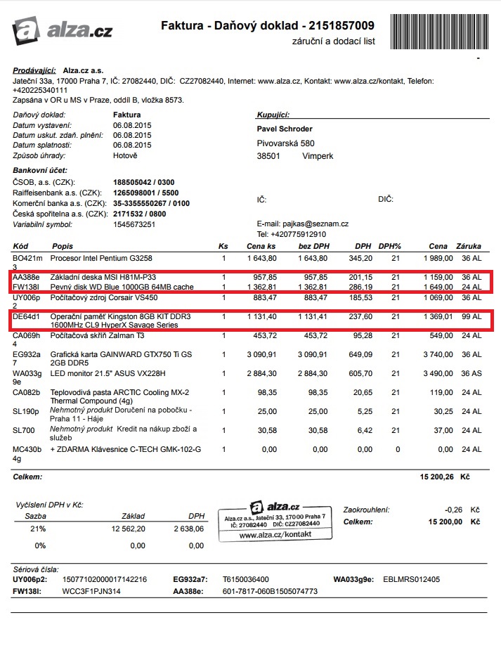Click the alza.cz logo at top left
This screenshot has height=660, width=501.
point(62,30)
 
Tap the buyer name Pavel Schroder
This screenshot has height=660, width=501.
point(285,129)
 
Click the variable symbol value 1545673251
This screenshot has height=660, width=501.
point(134,225)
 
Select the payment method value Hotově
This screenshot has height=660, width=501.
point(125,155)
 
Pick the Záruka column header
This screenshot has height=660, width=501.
point(469,247)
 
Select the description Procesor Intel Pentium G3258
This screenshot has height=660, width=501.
point(101,258)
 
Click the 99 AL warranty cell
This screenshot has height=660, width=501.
point(471,317)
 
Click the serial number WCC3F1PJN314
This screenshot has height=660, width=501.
point(92,592)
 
